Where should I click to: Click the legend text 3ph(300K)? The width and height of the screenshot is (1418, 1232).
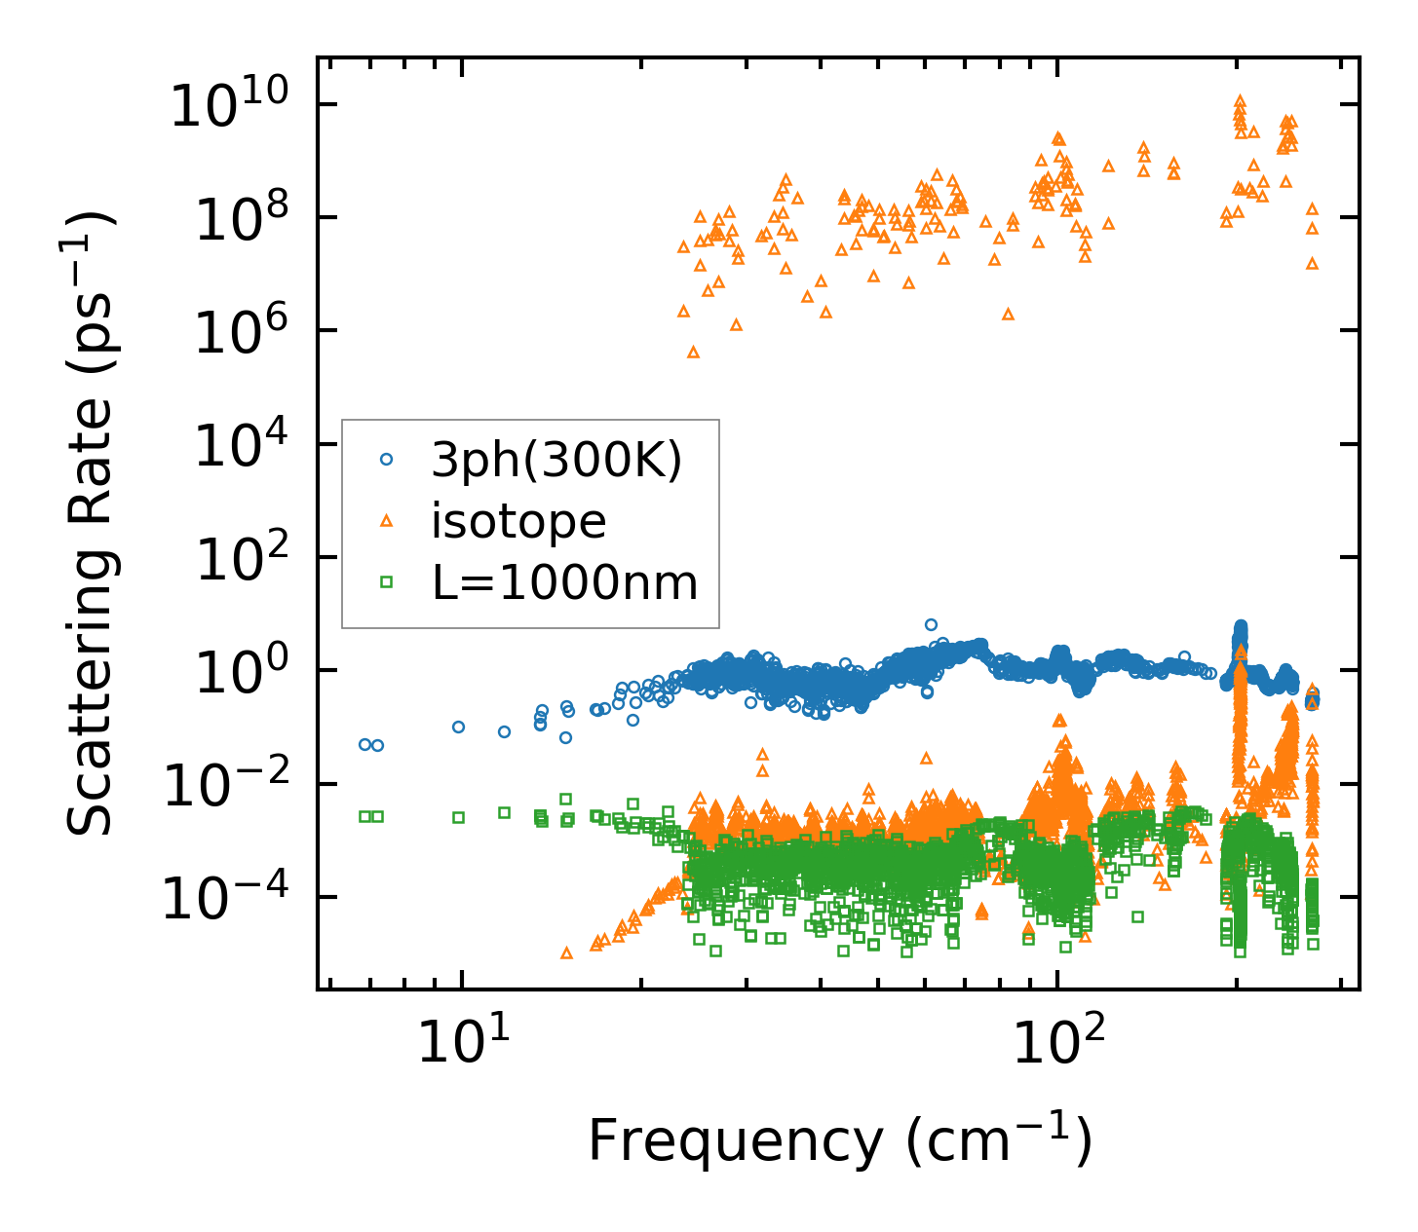point(556,460)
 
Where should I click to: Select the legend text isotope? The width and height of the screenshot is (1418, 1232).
point(518,521)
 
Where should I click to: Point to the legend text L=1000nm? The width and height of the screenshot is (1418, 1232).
point(564,583)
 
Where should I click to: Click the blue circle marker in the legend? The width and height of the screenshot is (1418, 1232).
point(386,459)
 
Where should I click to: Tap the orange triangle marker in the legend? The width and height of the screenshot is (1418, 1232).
point(386,521)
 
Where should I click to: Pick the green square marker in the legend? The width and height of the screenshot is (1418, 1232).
point(386,582)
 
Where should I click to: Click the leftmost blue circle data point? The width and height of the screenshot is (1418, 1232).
point(364,744)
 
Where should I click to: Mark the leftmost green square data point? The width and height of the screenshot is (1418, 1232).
point(364,816)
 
